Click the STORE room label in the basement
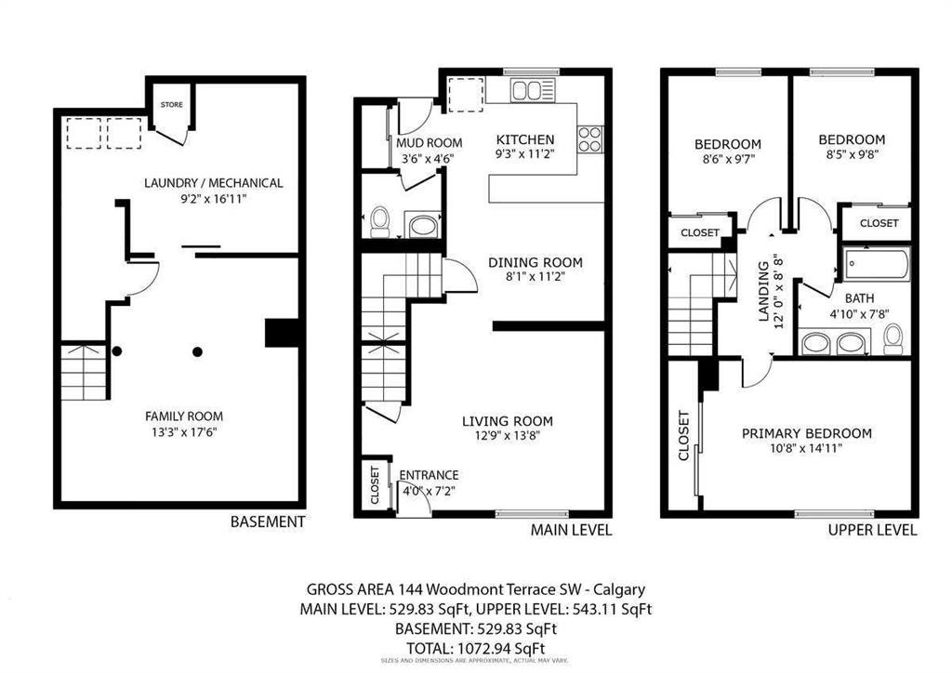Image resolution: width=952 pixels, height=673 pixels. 171,104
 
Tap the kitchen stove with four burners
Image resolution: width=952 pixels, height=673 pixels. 590,139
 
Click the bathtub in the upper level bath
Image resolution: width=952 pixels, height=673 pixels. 877,264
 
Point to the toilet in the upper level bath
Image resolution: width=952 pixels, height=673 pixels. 893,338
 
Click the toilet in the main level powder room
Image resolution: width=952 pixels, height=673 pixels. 379,222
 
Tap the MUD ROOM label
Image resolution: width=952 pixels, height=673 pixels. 430,143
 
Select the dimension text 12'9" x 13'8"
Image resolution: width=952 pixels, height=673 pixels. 508,436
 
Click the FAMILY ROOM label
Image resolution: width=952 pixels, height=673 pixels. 184,416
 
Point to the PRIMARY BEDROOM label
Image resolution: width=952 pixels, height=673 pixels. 807,433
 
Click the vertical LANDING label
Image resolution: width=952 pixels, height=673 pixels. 763,291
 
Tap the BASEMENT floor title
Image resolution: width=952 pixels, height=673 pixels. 268,521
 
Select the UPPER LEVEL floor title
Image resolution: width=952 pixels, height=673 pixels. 872,531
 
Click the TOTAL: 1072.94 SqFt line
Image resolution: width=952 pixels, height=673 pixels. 475,648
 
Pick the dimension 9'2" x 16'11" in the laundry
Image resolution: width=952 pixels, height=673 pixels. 214,198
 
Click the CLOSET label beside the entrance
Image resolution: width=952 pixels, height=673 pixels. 375,485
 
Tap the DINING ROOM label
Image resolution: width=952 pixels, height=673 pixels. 535,263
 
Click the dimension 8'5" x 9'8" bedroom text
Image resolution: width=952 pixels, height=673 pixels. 852,154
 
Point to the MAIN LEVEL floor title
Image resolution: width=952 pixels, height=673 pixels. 572,531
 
